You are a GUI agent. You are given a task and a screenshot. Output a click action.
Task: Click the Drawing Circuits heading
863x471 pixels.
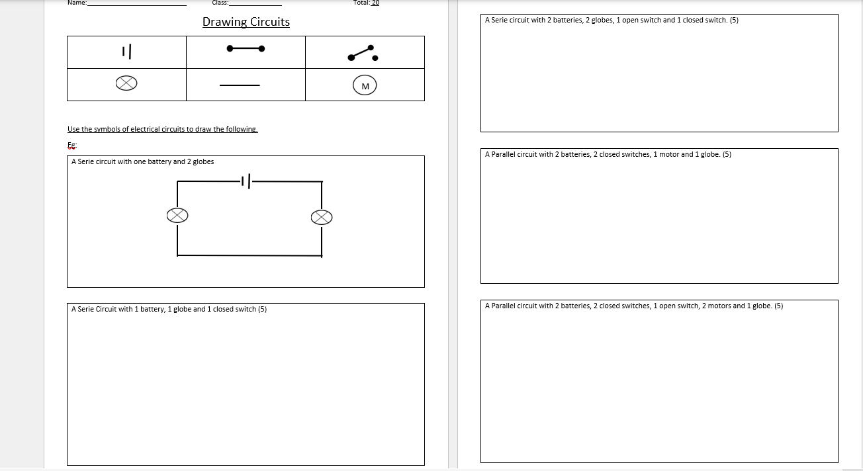pyautogui.click(x=246, y=22)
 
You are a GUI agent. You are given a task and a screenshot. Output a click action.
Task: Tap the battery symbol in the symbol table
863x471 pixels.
pyautogui.click(x=127, y=51)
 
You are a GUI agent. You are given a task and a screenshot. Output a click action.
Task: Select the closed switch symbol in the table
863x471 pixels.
pyautogui.click(x=246, y=48)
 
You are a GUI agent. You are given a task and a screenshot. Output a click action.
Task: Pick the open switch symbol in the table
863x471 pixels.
pyautogui.click(x=363, y=54)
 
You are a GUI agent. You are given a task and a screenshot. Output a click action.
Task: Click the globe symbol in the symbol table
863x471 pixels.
pyautogui.click(x=126, y=83)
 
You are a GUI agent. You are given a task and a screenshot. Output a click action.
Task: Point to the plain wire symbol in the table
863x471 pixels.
pyautogui.click(x=240, y=85)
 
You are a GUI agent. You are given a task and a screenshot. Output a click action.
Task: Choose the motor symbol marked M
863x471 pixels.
pyautogui.click(x=365, y=85)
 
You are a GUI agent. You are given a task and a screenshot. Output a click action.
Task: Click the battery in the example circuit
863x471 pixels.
pyautogui.click(x=249, y=181)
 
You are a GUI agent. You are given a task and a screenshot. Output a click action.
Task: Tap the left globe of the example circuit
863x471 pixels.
pyautogui.click(x=177, y=215)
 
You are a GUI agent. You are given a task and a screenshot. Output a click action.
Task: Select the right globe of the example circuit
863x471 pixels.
pyautogui.click(x=322, y=217)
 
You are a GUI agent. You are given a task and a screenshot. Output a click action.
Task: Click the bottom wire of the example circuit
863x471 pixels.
pyautogui.click(x=250, y=255)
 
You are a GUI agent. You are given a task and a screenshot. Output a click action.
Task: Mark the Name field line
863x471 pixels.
pyautogui.click(x=137, y=4)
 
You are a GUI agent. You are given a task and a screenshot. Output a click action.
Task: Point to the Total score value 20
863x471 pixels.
pyautogui.click(x=375, y=3)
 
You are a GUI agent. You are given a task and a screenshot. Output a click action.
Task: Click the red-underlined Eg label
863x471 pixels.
pyautogui.click(x=72, y=146)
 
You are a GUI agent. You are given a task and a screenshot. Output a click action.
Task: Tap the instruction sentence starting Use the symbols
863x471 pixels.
pyautogui.click(x=162, y=129)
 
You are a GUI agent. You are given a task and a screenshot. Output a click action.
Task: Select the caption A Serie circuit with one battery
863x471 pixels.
pyautogui.click(x=142, y=161)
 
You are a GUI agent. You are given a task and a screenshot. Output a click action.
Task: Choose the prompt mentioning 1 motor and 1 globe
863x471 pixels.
pyautogui.click(x=608, y=154)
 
